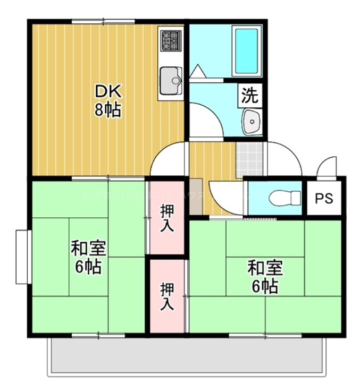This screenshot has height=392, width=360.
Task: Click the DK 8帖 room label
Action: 108,101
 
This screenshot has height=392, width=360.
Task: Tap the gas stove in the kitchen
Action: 171,40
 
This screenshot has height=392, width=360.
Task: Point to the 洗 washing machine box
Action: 249,96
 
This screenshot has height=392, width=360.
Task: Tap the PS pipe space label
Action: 323,199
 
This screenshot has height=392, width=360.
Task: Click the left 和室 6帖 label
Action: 89,257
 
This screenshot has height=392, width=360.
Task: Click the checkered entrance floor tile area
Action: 249,158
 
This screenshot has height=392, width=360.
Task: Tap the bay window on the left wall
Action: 22,257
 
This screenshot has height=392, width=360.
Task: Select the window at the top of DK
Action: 103,21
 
